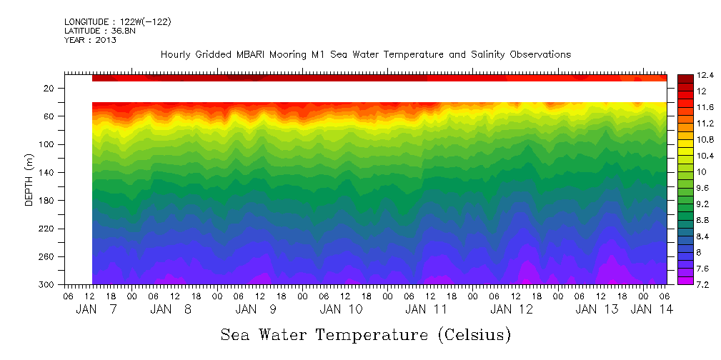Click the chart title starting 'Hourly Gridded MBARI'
(x=365, y=54)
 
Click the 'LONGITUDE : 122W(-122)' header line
(x=117, y=22)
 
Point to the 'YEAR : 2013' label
(x=90, y=40)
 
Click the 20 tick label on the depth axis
(x=49, y=89)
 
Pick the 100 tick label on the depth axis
(x=47, y=145)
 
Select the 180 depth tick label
(x=47, y=201)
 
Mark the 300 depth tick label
(x=47, y=285)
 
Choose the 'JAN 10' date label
(x=341, y=309)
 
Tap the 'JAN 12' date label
(x=511, y=309)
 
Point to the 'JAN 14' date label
(x=650, y=309)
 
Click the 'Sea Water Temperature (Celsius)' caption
(x=365, y=334)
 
